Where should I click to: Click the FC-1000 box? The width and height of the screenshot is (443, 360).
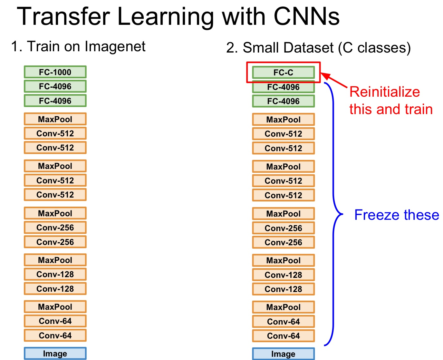55,72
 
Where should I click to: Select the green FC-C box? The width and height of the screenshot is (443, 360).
283,73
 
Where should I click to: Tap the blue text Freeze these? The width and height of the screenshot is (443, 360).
397,215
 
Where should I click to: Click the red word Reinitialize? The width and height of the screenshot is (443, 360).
385,92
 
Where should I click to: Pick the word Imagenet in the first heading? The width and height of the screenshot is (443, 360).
115,46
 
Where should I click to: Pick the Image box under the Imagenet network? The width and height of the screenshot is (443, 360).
55,354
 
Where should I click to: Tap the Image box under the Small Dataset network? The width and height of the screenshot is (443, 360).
283,354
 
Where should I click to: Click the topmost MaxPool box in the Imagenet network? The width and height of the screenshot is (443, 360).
55,119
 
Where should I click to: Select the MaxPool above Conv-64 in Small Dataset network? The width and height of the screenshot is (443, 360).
283,307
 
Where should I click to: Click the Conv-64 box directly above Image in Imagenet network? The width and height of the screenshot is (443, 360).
55,336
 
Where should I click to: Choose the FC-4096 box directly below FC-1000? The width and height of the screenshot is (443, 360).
55,86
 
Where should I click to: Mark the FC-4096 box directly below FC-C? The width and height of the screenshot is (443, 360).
283,87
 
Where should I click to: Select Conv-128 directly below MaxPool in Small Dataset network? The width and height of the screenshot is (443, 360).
283,275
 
